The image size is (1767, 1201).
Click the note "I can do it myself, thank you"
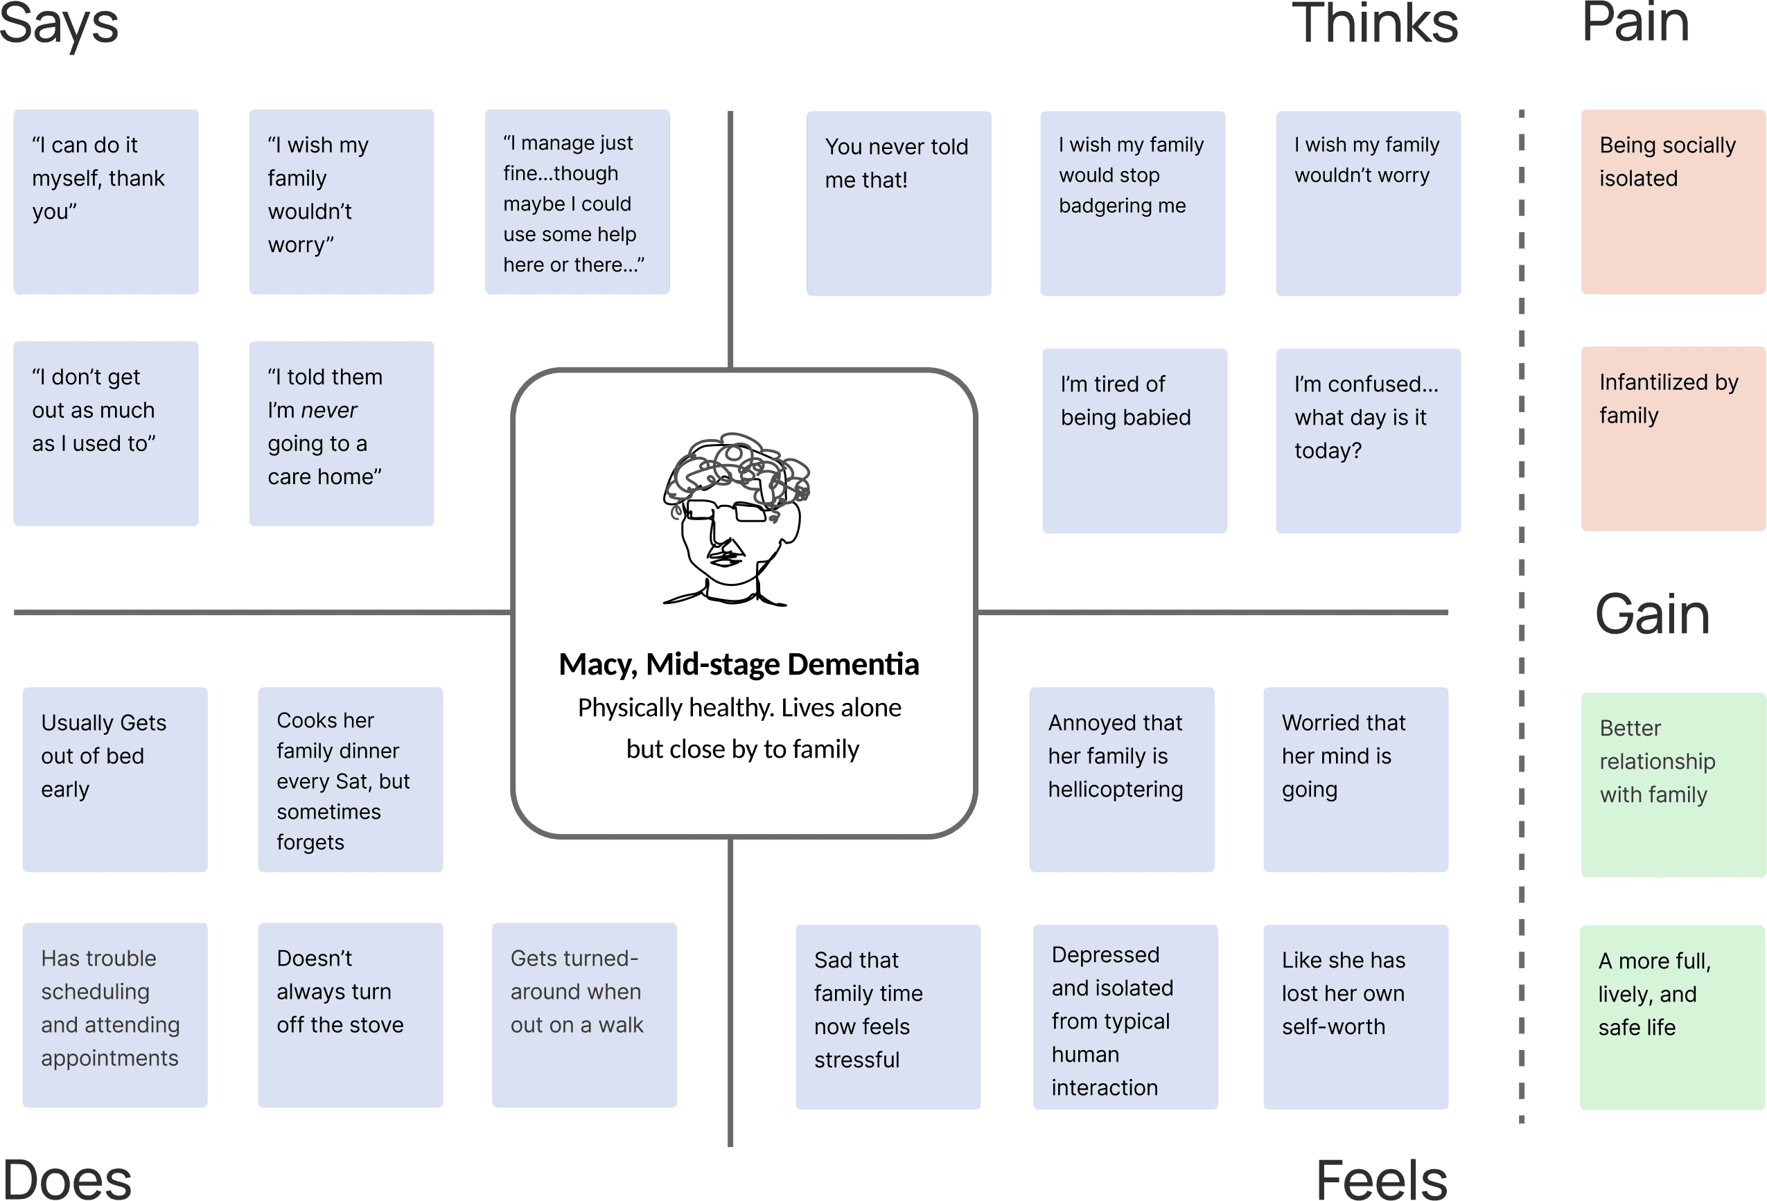pyautogui.click(x=106, y=202)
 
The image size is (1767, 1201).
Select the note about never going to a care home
pyautogui.click(x=342, y=434)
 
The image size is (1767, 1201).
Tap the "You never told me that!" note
pyautogui.click(x=898, y=203)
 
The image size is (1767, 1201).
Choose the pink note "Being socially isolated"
pyautogui.click(x=1672, y=202)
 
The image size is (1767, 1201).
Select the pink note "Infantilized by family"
pyautogui.click(x=1672, y=438)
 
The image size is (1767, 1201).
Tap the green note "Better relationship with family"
pyautogui.click(x=1672, y=785)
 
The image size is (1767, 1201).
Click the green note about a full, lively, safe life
pyautogui.click(x=1672, y=1017)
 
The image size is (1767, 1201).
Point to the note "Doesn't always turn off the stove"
pyautogui.click(x=350, y=1015)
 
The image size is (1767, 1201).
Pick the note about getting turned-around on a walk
pyautogui.click(x=584, y=1015)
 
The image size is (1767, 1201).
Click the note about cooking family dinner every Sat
pyautogui.click(x=350, y=779)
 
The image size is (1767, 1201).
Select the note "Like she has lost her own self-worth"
pyautogui.click(x=1355, y=1016)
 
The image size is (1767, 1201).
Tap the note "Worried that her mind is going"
pyautogui.click(x=1355, y=779)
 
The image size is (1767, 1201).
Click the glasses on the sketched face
pyautogui.click(x=728, y=510)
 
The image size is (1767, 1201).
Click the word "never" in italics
pyautogui.click(x=328, y=411)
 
